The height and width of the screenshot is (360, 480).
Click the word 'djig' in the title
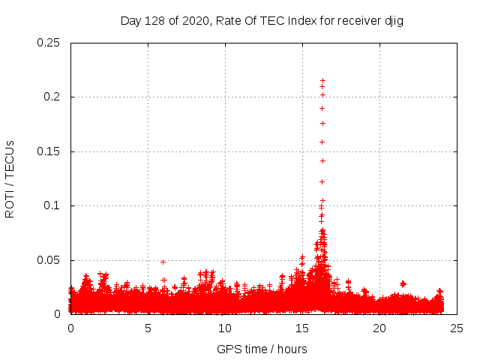[394, 20]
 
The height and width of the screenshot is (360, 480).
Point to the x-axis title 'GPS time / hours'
[262, 349]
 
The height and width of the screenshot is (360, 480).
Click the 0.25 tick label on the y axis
[49, 43]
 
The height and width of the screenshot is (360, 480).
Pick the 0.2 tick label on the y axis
[53, 97]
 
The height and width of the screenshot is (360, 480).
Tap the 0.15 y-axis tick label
[49, 151]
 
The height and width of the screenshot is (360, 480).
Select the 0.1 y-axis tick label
[53, 205]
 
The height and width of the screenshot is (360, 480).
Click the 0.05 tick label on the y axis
[49, 260]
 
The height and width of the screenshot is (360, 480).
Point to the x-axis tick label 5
[148, 328]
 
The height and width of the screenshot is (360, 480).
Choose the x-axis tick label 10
[225, 328]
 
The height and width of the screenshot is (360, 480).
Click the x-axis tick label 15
[302, 328]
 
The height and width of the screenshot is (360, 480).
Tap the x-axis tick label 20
[379, 328]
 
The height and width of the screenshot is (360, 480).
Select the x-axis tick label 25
[457, 328]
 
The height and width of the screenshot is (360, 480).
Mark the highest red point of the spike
[322, 80]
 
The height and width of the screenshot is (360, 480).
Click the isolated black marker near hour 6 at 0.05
[163, 262]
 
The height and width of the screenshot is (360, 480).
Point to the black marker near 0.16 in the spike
[322, 142]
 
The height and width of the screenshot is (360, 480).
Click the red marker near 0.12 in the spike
[322, 181]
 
